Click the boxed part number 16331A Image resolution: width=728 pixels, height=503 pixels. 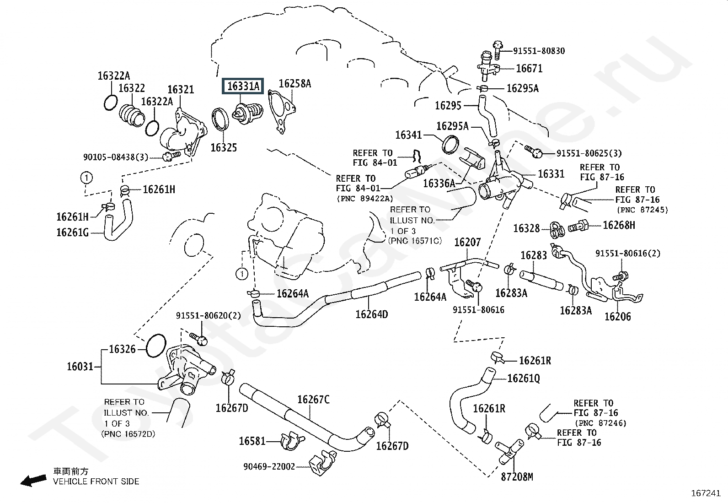pyautogui.click(x=243, y=86)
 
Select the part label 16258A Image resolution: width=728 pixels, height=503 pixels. pyautogui.click(x=295, y=84)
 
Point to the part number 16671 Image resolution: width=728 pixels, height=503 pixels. pyautogui.click(x=529, y=69)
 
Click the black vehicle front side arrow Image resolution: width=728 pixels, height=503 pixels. pyautogui.click(x=33, y=480)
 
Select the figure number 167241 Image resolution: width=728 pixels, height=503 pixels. pyautogui.click(x=706, y=493)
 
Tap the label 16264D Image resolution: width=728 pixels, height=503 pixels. pyautogui.click(x=371, y=314)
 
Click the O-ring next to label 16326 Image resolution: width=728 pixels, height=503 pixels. pyautogui.click(x=156, y=346)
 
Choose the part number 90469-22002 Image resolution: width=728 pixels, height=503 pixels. pyautogui.click(x=269, y=466)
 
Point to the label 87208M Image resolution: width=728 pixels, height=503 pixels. pyautogui.click(x=517, y=477)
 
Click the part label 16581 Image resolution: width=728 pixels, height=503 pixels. pyautogui.click(x=252, y=441)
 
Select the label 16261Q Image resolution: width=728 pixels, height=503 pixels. pyautogui.click(x=523, y=379)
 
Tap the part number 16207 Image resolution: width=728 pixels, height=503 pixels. pyautogui.click(x=467, y=242)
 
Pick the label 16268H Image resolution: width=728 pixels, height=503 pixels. pyautogui.click(x=619, y=225)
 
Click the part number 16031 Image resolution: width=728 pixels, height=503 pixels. pyautogui.click(x=80, y=367)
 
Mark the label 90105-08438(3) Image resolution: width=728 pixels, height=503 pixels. pyautogui.click(x=116, y=157)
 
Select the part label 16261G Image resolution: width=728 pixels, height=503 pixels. pyautogui.click(x=72, y=233)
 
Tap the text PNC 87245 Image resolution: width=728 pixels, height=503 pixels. pyautogui.click(x=642, y=210)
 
